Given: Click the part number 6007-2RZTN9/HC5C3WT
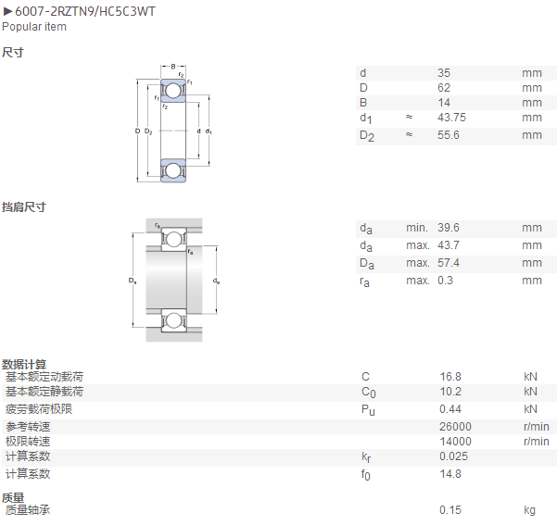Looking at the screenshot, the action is coord(85,12).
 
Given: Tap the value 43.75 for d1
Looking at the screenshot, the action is coord(451,118).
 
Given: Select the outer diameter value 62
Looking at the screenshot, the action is coord(444,88).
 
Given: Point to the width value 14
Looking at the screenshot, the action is coord(444,103).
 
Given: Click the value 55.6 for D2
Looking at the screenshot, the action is coord(449,135).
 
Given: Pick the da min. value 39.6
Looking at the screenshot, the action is coord(449,228).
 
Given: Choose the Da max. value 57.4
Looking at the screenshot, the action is coord(449,263).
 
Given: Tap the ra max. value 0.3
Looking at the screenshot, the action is coord(445,281).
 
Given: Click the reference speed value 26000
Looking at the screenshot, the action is coord(455,426).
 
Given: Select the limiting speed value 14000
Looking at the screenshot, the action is coord(455,442).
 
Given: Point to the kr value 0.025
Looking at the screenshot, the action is coord(453,456).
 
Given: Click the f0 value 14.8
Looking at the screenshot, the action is coord(450,474).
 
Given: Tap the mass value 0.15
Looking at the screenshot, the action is coord(450,510).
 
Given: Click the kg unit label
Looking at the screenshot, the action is coord(529,510).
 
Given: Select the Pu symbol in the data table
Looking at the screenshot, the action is coord(368,410).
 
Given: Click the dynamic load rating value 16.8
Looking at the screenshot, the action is coord(450,377).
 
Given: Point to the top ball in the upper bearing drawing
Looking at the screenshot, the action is coord(172,91).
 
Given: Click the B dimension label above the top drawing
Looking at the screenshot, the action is coord(173,67).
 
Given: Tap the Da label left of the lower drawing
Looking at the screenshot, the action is coord(133,281).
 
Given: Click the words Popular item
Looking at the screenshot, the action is coord(34,27).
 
